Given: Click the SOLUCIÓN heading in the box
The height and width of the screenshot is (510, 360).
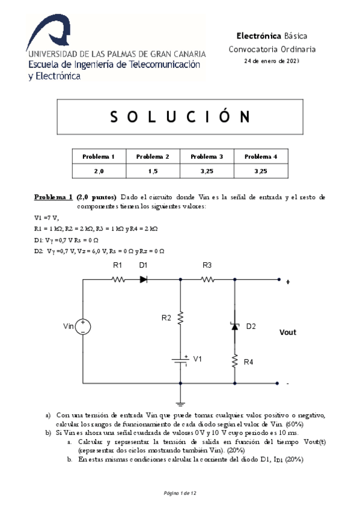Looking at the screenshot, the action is coord(181,116).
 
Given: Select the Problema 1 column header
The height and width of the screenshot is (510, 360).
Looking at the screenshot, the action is coord(99,157).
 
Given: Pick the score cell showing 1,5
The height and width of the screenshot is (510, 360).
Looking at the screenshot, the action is coord(153,171).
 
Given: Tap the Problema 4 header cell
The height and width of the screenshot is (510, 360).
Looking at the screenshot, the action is coord(260,157).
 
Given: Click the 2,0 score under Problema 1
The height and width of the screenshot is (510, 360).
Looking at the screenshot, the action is coord(99,171).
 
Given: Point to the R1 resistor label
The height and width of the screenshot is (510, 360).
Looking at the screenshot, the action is coord(118,265).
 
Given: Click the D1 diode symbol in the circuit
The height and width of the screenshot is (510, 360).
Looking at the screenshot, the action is coord(144,279).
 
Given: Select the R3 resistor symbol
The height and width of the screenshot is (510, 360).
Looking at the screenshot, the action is coord(207,279).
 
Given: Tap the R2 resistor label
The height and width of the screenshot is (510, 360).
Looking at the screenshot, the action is coord(166,318).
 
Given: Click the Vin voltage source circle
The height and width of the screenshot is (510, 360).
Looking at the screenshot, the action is coord(82,327).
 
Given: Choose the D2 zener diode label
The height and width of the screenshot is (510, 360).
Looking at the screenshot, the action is coord(251,326).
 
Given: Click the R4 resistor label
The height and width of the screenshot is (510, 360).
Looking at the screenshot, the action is coord(248,362).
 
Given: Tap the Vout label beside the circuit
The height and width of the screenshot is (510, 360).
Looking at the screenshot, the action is coord(288,332).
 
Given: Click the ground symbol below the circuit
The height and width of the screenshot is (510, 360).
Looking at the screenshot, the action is coord(180,404).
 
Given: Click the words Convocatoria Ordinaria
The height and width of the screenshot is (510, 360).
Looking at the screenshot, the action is coord(272,49).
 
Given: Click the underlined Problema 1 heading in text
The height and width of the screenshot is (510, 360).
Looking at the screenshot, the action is coord(53,197).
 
